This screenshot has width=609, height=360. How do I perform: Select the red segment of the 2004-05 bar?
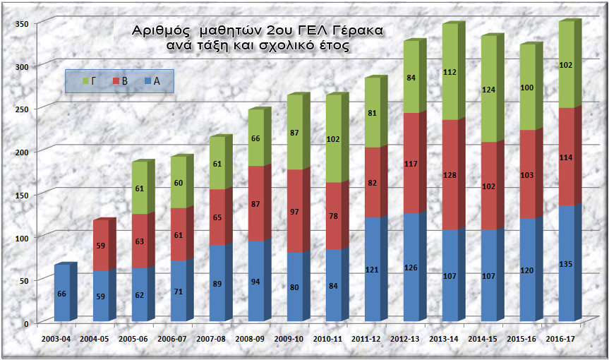point(101,245)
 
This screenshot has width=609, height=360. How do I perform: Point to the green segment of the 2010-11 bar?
point(333,139)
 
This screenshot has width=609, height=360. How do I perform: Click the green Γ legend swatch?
point(87,81)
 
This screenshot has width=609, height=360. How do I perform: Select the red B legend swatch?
point(116,81)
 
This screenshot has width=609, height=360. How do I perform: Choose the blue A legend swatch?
point(147,81)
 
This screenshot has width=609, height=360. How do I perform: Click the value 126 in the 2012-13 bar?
point(411,267)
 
